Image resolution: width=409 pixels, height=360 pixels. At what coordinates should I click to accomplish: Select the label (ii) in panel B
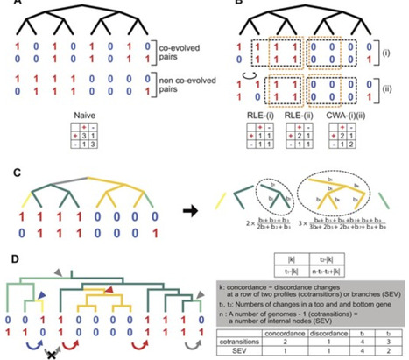[x=388, y=88]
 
